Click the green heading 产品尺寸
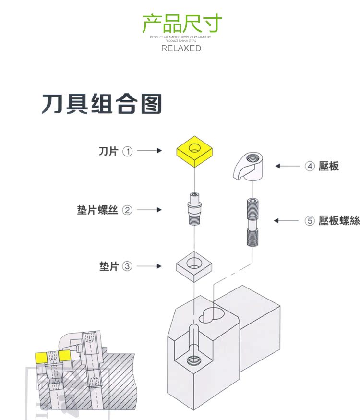[x=182, y=24]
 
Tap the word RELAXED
[x=181, y=48]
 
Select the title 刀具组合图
[x=102, y=104]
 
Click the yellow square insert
[x=194, y=151]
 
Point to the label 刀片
[x=108, y=151]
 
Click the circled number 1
[x=127, y=151]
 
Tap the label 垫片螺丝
[x=97, y=210]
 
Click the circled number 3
[x=127, y=266]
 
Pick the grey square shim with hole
[x=194, y=266]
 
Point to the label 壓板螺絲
[x=339, y=221]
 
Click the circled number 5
[x=310, y=221]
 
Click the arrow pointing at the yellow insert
[x=150, y=151]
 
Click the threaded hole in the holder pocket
[x=194, y=359]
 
